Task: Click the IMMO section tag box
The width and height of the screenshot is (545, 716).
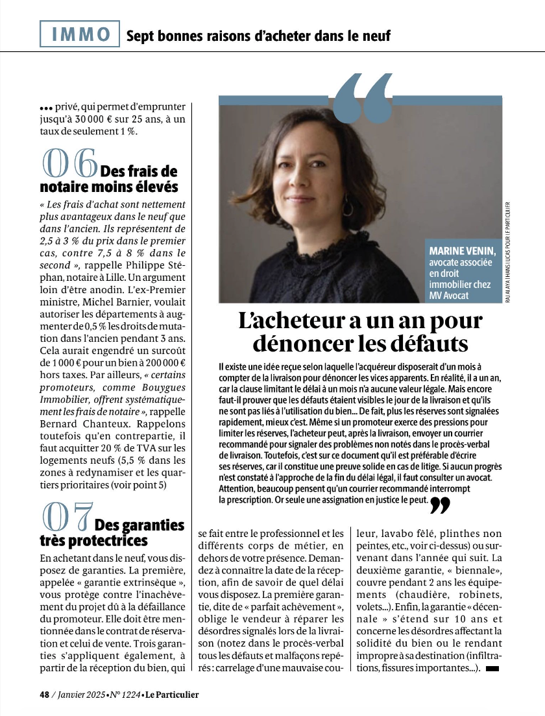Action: pos(80,34)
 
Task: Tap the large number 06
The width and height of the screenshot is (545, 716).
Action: pos(69,164)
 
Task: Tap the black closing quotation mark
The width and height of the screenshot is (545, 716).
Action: pos(440,505)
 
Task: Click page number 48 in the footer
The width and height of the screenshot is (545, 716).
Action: pos(44,695)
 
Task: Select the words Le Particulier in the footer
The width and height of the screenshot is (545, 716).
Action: pos(172,695)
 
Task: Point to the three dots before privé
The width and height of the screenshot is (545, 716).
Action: pos(45,108)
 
